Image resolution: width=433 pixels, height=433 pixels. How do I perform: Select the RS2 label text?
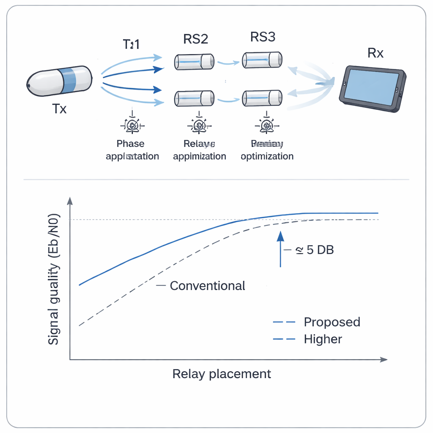point(195,39)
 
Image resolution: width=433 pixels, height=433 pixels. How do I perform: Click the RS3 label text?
point(263,37)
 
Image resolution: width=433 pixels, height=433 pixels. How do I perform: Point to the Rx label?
point(375,53)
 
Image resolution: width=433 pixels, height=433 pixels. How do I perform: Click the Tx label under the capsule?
point(60,109)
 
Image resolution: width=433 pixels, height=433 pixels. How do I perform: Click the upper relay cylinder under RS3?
point(262,60)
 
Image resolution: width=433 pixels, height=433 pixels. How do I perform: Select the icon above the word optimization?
point(266,125)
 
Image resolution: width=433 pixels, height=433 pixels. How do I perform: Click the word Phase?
point(131,144)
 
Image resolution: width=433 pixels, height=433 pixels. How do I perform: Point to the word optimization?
point(267,156)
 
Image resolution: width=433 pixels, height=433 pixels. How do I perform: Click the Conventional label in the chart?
point(207,286)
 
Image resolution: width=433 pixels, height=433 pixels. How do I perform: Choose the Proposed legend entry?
point(332,322)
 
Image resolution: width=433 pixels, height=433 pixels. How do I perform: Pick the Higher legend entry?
point(323,339)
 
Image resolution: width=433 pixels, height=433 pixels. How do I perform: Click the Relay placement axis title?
point(222,374)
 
